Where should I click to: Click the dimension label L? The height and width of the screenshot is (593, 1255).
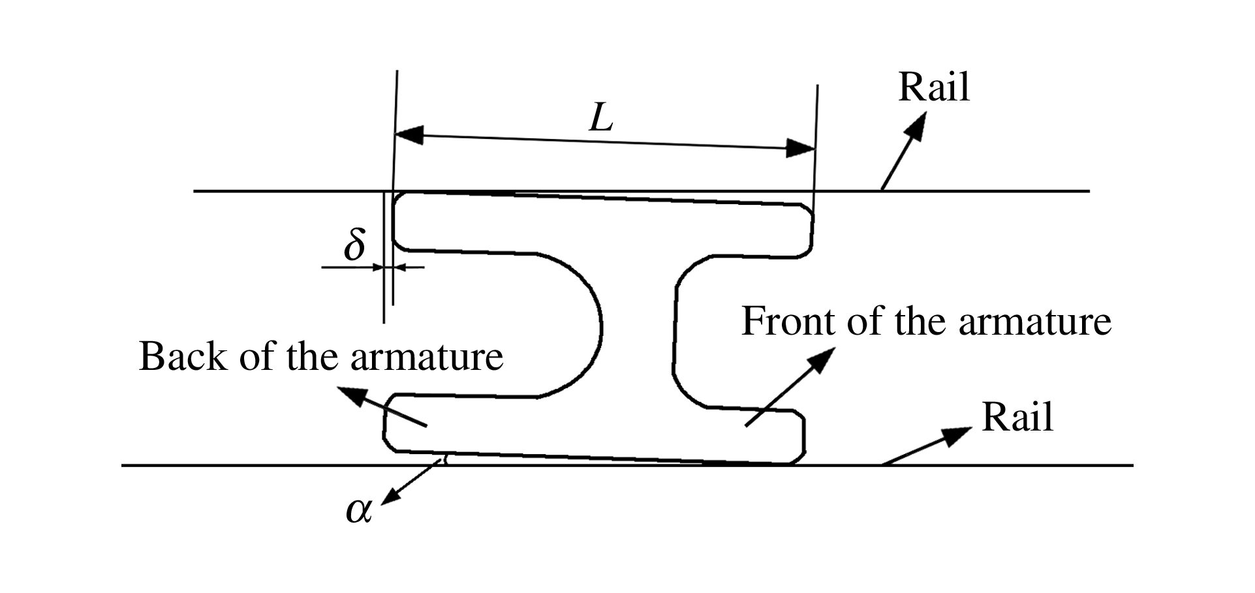click(x=601, y=119)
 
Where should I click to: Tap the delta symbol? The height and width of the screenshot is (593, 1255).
click(x=354, y=245)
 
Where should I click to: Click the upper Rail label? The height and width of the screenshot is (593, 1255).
click(x=934, y=87)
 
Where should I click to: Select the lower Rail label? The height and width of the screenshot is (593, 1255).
click(x=1017, y=418)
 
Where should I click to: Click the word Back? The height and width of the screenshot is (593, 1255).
click(x=183, y=357)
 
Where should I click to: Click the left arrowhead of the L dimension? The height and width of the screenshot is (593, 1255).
click(x=409, y=135)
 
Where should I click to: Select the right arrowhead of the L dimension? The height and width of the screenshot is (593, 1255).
click(x=801, y=149)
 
